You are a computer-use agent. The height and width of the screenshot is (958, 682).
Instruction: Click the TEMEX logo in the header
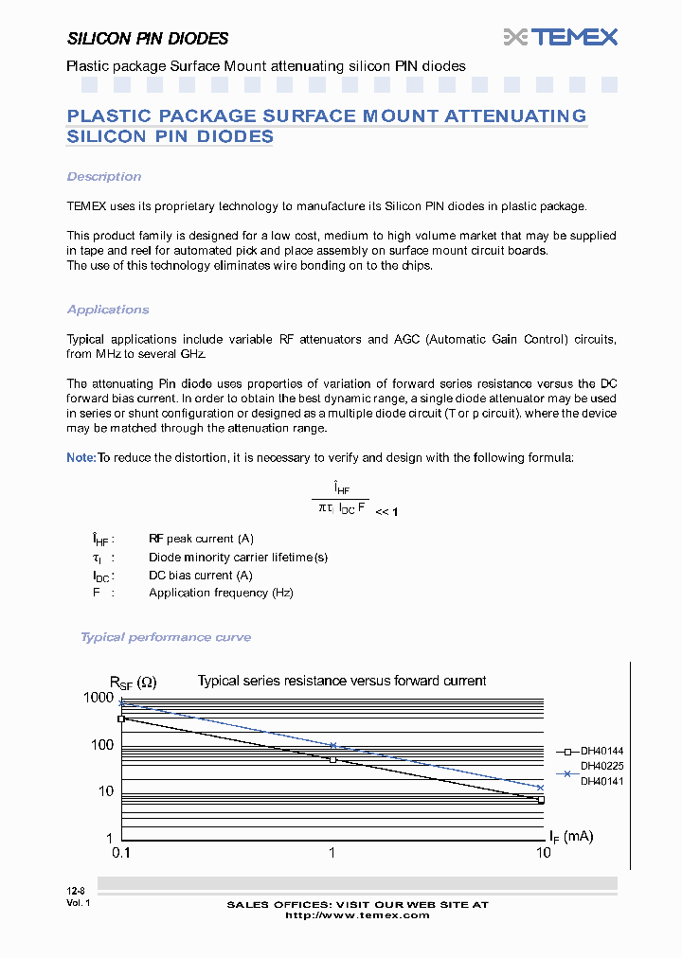pos(561,37)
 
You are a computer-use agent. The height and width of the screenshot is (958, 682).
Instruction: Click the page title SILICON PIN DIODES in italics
pos(148,39)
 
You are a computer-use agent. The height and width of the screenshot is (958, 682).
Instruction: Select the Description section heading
pos(104,177)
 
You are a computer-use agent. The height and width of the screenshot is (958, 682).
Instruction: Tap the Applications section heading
pos(108,310)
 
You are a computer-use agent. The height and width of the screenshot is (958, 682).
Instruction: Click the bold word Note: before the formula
pos(81,458)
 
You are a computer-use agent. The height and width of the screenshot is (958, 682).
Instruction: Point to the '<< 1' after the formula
pos(386,512)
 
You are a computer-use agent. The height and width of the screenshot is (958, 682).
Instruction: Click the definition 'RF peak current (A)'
pos(201,539)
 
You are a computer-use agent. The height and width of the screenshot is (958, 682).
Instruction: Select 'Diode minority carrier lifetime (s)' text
pos(238,558)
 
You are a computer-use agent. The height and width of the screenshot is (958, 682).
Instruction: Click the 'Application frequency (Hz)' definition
pos(221,593)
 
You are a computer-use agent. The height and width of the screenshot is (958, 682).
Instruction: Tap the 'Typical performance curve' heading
pos(166,637)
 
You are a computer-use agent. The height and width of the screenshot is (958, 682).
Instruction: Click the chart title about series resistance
pos(341,681)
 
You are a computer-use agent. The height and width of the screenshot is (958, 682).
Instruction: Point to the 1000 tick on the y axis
pos(98,698)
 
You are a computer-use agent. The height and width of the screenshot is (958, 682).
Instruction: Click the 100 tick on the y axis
pos(101,745)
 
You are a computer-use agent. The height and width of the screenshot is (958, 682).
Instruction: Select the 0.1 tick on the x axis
pos(121,853)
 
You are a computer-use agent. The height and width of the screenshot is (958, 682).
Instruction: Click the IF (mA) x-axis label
pos(571,836)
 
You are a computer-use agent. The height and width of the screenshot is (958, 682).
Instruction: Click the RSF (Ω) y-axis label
pos(133,682)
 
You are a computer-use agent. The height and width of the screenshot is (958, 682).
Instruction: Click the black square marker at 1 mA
pos(332,759)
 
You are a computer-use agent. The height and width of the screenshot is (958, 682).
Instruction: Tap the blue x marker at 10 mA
pos(541,788)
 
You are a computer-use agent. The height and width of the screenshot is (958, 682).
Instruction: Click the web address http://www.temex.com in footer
pos(357,915)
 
